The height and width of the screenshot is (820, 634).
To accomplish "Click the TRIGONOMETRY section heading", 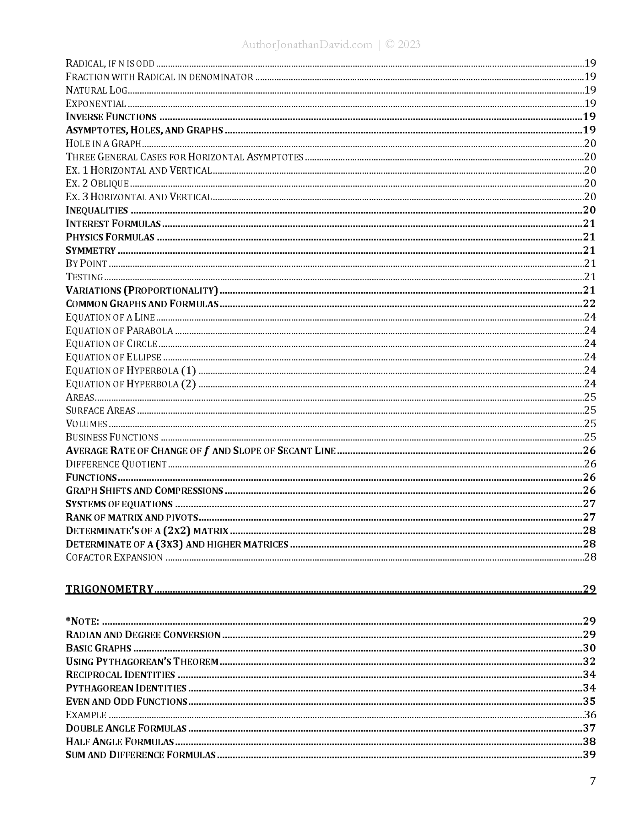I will point(109,589).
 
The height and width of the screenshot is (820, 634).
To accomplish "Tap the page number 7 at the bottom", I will point(593,781).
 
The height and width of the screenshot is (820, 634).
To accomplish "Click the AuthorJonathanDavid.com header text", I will point(307,44).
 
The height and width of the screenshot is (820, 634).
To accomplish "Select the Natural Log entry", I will point(96,90).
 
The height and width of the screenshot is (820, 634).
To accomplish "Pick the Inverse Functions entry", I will point(111,117).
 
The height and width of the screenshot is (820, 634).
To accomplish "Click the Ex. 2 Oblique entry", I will point(97,183).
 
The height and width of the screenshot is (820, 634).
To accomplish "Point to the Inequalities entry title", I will point(97,210).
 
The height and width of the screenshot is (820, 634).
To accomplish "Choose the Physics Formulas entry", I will point(110,237).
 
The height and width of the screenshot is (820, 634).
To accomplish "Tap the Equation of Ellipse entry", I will point(113,357).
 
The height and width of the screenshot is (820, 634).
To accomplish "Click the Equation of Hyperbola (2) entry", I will point(131,384).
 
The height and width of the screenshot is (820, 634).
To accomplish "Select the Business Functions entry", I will point(112,437).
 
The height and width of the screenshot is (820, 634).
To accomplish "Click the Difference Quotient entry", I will point(116,464).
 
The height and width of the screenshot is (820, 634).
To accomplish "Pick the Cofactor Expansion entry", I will point(114,557).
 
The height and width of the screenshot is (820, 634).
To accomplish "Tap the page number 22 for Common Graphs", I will point(590,303).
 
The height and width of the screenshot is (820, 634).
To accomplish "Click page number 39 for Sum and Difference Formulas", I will point(590,755).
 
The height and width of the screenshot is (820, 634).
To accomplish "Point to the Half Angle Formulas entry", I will point(120,742).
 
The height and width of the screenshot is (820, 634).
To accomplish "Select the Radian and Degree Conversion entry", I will point(143,635).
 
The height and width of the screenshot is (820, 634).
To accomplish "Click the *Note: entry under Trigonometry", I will point(83,621).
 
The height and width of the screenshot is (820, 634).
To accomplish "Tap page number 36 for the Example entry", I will point(590,715).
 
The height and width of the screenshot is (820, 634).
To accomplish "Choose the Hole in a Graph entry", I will point(103,143).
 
